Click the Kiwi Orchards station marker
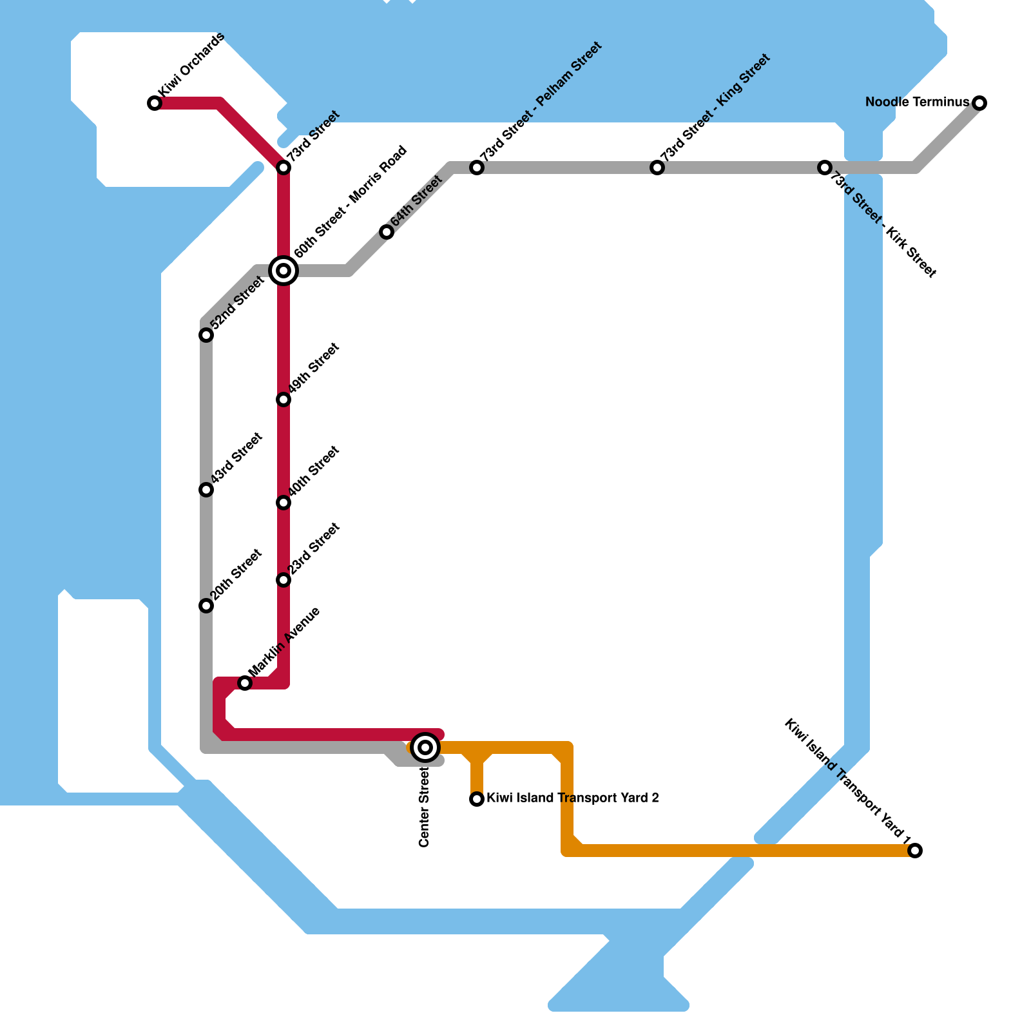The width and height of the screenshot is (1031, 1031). click(x=155, y=103)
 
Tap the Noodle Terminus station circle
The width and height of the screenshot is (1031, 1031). click(x=979, y=103)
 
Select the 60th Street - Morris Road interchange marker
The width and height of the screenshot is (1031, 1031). click(x=284, y=271)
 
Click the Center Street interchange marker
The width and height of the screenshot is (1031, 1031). click(x=425, y=747)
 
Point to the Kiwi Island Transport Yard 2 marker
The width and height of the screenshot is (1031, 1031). click(x=477, y=799)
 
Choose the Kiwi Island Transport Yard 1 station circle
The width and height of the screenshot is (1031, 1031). click(x=915, y=851)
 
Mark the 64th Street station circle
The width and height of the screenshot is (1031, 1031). click(x=387, y=232)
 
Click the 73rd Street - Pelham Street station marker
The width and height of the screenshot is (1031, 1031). click(x=477, y=168)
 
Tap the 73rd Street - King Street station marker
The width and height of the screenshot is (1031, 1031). click(x=657, y=168)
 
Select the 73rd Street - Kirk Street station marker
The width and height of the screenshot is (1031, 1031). click(x=825, y=168)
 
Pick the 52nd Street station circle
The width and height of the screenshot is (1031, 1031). click(x=206, y=335)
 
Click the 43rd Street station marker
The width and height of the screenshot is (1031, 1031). click(x=206, y=490)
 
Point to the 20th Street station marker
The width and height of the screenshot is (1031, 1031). click(x=206, y=606)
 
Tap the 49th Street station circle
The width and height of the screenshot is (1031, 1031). click(x=284, y=400)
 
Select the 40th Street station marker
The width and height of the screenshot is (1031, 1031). click(x=284, y=503)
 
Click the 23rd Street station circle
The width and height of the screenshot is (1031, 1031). click(x=284, y=580)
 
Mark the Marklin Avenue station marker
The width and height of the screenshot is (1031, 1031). click(x=245, y=683)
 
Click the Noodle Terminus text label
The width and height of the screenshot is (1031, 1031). click(x=917, y=102)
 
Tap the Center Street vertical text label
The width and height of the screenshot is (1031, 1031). click(x=424, y=807)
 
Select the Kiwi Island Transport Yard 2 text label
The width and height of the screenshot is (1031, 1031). click(x=572, y=798)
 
